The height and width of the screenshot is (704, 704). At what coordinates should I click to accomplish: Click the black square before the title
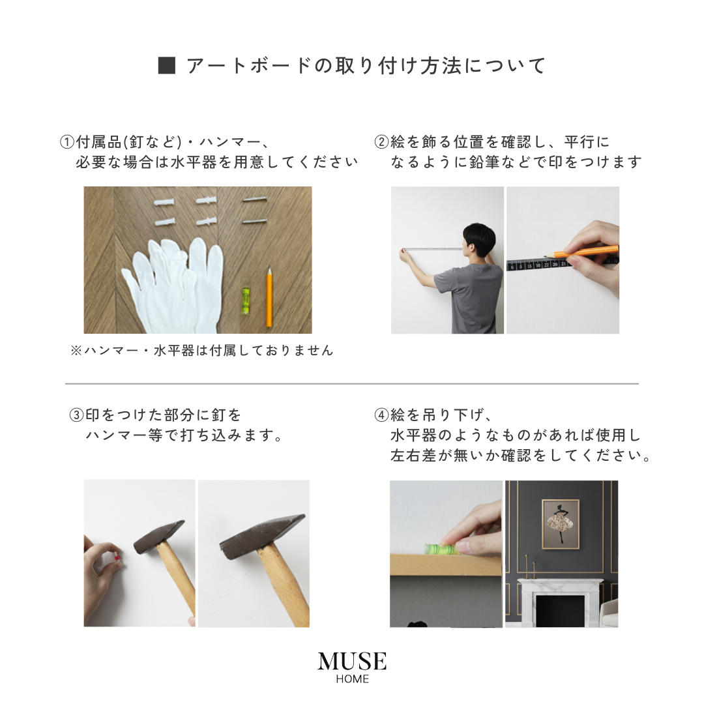167,66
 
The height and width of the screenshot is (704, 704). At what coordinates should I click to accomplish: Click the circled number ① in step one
68,142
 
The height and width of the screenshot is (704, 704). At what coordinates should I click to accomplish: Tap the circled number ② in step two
381,142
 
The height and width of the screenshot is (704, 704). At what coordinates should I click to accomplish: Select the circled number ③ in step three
77,415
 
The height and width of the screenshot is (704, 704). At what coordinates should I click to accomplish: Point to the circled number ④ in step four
381,415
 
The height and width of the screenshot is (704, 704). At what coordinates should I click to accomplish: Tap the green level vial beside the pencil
246,301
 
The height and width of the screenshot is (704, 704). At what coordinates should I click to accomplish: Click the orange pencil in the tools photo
268,300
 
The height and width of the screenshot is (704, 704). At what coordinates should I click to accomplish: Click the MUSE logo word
352,662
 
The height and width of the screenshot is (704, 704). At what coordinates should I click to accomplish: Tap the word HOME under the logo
352,679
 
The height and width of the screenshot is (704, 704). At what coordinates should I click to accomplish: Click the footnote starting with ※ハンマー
201,351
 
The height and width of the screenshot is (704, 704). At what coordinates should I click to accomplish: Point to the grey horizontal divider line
352,384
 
